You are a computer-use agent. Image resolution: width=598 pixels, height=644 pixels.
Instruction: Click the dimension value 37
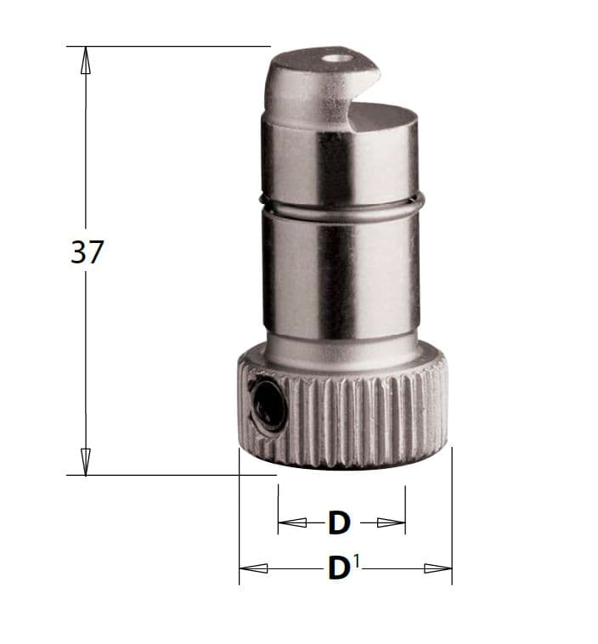(87, 251)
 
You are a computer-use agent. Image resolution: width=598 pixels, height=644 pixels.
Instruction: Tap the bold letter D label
(339, 523)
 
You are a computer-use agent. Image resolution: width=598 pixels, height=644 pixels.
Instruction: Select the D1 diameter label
(344, 568)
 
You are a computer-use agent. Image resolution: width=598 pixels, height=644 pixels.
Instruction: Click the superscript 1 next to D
(356, 561)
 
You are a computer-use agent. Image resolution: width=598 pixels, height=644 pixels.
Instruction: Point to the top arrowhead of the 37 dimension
(86, 60)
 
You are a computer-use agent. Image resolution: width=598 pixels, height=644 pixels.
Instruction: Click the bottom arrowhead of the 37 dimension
(86, 461)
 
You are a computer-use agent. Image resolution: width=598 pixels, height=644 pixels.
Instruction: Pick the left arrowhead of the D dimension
(292, 523)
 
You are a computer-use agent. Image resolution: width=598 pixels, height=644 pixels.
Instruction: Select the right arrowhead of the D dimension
(392, 523)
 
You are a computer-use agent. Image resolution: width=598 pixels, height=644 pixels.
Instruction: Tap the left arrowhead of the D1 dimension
(253, 568)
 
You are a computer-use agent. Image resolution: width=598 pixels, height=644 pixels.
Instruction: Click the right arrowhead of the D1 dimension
(437, 568)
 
